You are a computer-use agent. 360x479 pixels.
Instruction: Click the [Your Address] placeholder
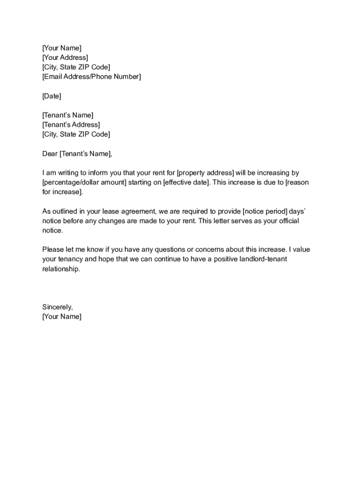pyautogui.click(x=65, y=58)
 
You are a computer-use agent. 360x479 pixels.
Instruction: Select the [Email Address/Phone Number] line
pyautogui.click(x=91, y=77)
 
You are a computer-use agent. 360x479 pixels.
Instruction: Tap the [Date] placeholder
pyautogui.click(x=51, y=96)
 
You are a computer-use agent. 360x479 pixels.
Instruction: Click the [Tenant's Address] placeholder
pyautogui.click(x=71, y=125)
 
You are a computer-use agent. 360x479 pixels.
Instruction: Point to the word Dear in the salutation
pyautogui.click(x=50, y=153)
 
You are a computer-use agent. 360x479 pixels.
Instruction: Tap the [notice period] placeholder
pyautogui.click(x=265, y=211)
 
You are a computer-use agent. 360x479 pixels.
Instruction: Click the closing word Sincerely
pyautogui.click(x=58, y=307)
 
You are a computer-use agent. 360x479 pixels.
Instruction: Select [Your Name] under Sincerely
pyautogui.click(x=62, y=317)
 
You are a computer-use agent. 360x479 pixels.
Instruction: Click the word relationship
pyautogui.click(x=61, y=269)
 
